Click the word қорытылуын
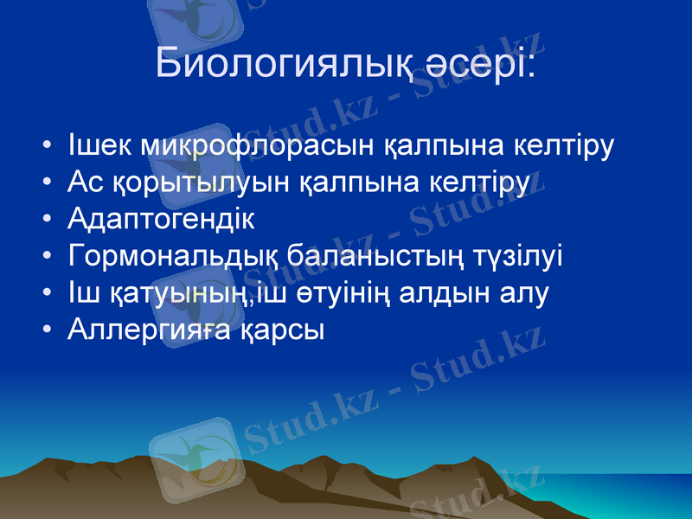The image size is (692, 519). [202, 183]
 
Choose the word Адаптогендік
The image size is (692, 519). [162, 220]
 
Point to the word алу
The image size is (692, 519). [528, 293]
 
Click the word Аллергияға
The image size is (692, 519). [148, 330]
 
